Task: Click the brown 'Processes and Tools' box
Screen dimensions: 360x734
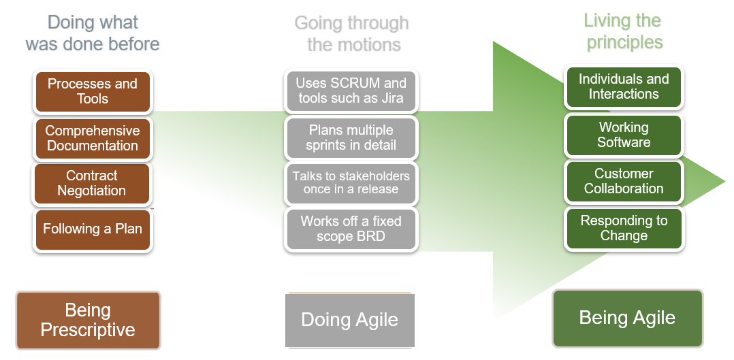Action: pyautogui.click(x=93, y=92)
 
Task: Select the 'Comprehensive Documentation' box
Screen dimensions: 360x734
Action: pyautogui.click(x=93, y=138)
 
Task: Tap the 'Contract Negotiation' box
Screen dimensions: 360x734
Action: pyautogui.click(x=92, y=184)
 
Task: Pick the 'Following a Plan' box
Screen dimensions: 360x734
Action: pyautogui.click(x=93, y=229)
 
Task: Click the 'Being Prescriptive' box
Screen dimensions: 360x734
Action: pyautogui.click(x=88, y=321)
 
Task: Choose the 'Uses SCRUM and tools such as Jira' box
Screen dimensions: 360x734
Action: pyautogui.click(x=351, y=91)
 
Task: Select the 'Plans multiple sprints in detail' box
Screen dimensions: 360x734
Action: pyautogui.click(x=351, y=137)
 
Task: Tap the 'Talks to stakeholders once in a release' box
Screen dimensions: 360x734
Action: pyautogui.click(x=351, y=183)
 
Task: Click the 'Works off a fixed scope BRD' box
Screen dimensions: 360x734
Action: pyautogui.click(x=351, y=229)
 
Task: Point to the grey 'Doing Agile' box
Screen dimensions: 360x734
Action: pyautogui.click(x=349, y=320)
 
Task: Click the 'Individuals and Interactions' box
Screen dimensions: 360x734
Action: pyautogui.click(x=624, y=87)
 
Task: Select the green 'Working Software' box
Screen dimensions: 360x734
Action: pyautogui.click(x=624, y=135)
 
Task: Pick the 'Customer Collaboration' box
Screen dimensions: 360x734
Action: pyautogui.click(x=624, y=182)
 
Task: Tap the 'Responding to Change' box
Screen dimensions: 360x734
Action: pyautogui.click(x=624, y=229)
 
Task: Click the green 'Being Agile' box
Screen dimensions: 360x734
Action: pyautogui.click(x=627, y=318)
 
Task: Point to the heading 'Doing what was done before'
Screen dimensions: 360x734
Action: pyautogui.click(x=93, y=33)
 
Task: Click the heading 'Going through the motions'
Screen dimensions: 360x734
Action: pyautogui.click(x=352, y=34)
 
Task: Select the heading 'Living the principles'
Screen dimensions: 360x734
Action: pyautogui.click(x=624, y=31)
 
